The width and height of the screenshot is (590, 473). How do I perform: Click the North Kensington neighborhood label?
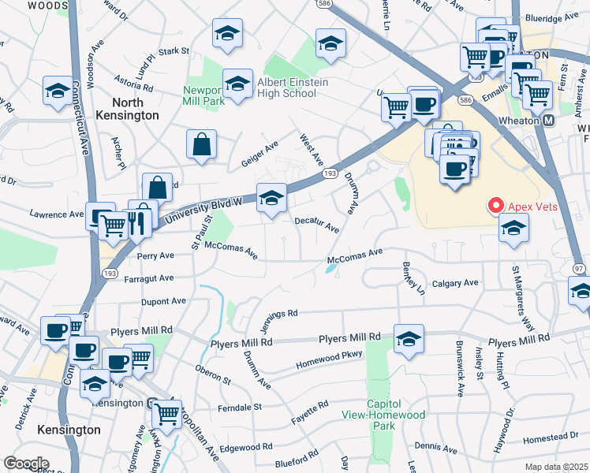(x=128, y=109)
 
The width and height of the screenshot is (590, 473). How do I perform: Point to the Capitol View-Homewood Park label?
(x=383, y=419)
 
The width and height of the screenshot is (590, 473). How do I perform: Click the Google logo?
(x=26, y=463)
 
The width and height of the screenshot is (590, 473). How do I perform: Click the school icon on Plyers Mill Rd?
(x=409, y=339)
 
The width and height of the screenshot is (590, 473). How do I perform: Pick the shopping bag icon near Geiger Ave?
(x=202, y=144)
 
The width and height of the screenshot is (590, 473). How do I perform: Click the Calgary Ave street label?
(x=455, y=283)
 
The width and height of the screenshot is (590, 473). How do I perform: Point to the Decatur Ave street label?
(x=317, y=225)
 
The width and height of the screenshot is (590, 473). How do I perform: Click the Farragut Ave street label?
(x=147, y=278)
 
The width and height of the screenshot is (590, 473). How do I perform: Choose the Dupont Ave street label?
(x=163, y=301)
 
